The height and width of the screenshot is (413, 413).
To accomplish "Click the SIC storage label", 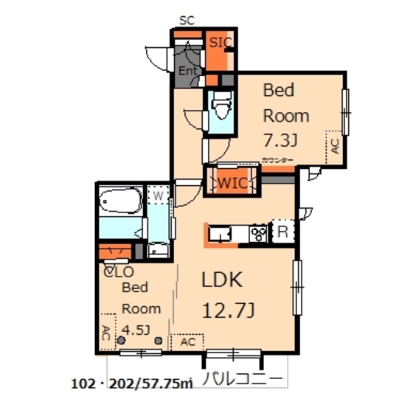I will (220, 43).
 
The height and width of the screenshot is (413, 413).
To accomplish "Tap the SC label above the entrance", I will (186, 20).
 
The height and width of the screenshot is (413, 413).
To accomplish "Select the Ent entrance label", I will (187, 70).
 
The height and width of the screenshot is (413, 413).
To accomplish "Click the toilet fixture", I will (220, 110).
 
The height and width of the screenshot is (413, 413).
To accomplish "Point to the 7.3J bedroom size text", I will (280, 140).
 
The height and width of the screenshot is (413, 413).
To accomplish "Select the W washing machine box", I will (156, 197).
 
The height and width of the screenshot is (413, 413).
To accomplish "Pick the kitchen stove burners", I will (259, 234).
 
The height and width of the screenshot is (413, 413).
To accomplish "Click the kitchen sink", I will (220, 235).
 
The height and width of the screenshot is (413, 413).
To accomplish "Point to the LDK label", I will (221, 280).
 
